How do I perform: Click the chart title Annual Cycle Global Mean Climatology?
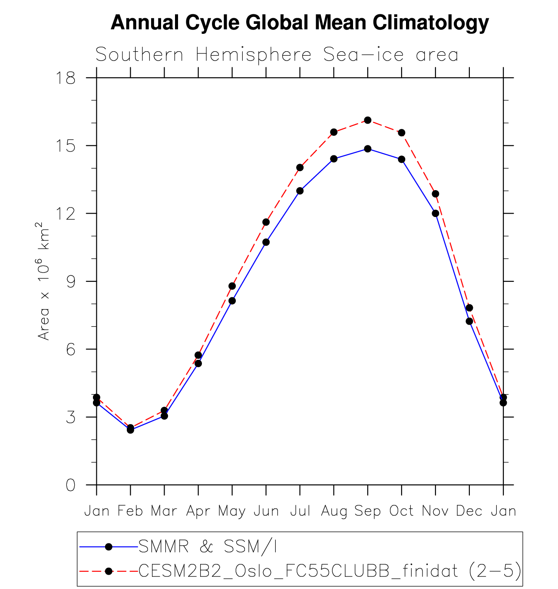coord(300,23)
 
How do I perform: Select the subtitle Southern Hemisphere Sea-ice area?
coord(277,55)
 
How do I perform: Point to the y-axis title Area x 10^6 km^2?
coord(43,281)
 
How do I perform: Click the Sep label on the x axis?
coord(367,511)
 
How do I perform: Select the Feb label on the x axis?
coord(130,511)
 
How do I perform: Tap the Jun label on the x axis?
coord(266,511)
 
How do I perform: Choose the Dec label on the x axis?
coord(469,511)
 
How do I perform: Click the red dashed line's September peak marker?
coord(368,120)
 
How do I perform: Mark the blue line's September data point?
coord(368,149)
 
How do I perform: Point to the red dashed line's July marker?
coord(300,168)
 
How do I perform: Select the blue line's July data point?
coord(300,191)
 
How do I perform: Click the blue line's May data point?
coord(232,300)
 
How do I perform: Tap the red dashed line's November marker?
coord(435,194)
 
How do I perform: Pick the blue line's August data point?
coord(333,159)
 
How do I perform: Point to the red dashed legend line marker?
coord(109,571)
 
